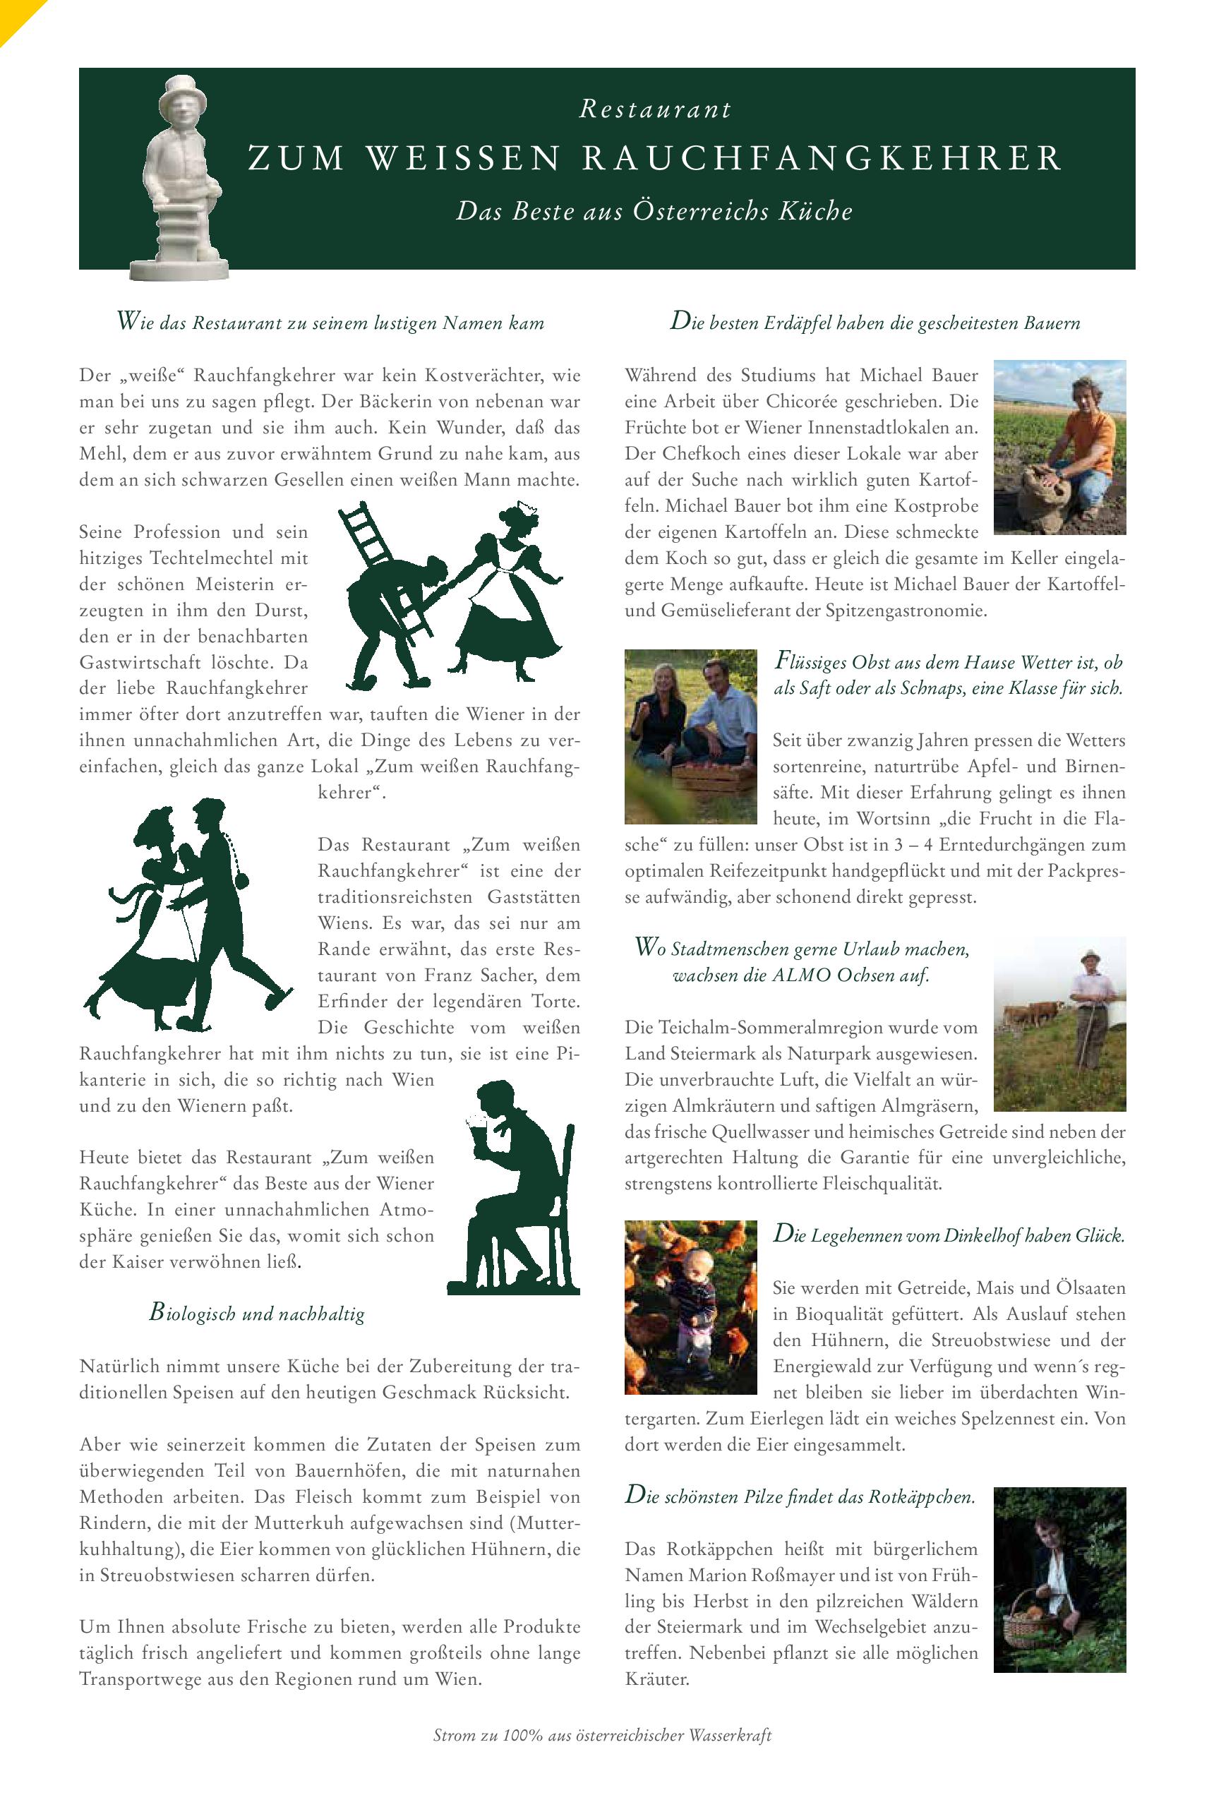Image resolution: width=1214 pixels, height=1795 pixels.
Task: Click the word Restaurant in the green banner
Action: coord(655,110)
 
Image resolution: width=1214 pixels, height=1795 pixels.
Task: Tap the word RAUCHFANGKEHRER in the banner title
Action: coord(822,158)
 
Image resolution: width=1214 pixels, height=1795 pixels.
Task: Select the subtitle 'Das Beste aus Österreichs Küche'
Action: coord(654,212)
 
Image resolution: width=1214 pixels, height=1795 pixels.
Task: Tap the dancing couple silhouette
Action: coord(190,915)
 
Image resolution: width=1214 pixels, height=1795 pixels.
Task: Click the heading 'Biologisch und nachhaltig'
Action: coord(257,1313)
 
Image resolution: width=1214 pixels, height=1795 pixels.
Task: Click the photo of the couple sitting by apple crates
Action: coord(690,736)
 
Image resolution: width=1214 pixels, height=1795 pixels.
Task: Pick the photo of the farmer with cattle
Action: coord(1059,1023)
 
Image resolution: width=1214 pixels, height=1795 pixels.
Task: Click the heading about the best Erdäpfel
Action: coord(875,322)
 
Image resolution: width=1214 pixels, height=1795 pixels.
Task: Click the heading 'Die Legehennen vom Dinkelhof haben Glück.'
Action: coord(949,1235)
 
